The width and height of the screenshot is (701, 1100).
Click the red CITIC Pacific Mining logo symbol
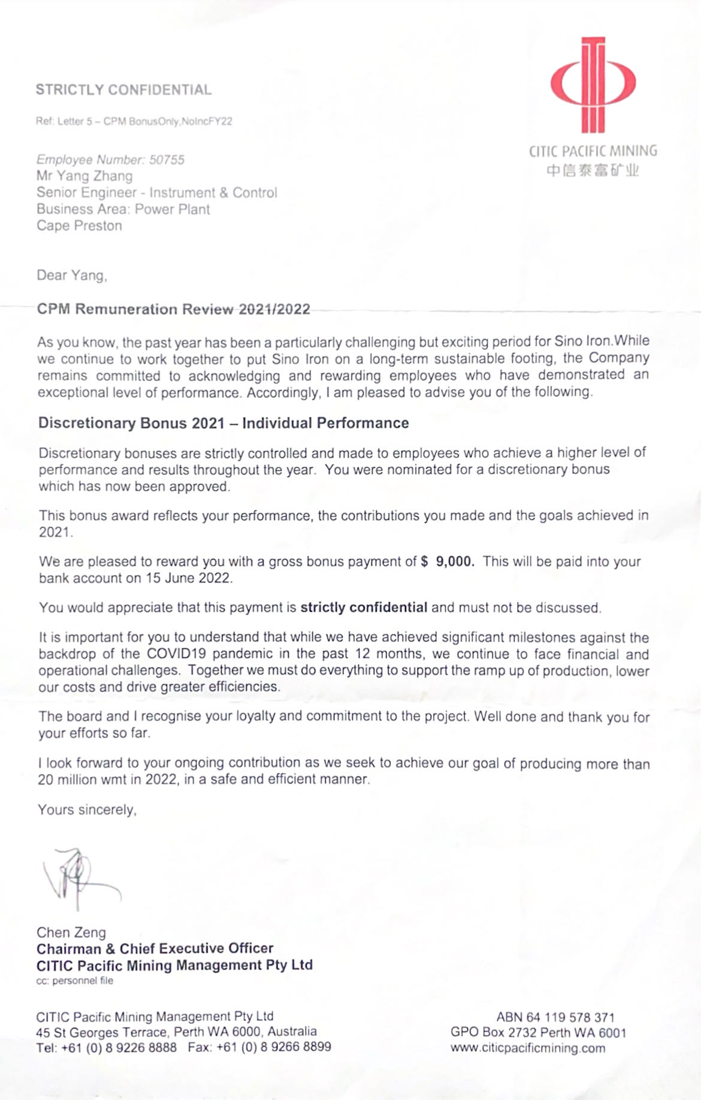point(593,84)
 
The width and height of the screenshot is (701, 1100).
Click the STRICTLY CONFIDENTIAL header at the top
point(123,90)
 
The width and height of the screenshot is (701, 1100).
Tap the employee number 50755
point(167,160)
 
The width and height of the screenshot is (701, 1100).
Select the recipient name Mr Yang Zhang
point(84,176)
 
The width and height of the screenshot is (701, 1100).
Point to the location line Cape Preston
point(79,226)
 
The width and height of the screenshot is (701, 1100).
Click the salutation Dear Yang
point(72,276)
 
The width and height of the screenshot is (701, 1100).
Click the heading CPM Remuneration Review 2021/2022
point(174,309)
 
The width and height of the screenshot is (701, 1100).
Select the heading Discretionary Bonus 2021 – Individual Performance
point(223,423)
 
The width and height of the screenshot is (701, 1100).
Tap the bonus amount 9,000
point(455,561)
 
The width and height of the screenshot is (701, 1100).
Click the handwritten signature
point(78,878)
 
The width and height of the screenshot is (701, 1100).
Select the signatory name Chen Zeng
point(71,932)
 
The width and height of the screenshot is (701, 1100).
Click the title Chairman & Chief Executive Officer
point(155,948)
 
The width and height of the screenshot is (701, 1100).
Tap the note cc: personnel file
point(75,981)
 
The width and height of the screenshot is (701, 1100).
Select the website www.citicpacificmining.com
point(528,1048)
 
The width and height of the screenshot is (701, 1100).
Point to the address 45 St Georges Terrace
point(104,1032)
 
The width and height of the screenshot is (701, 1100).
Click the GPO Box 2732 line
point(538,1032)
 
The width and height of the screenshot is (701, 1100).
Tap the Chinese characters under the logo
point(593,171)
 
